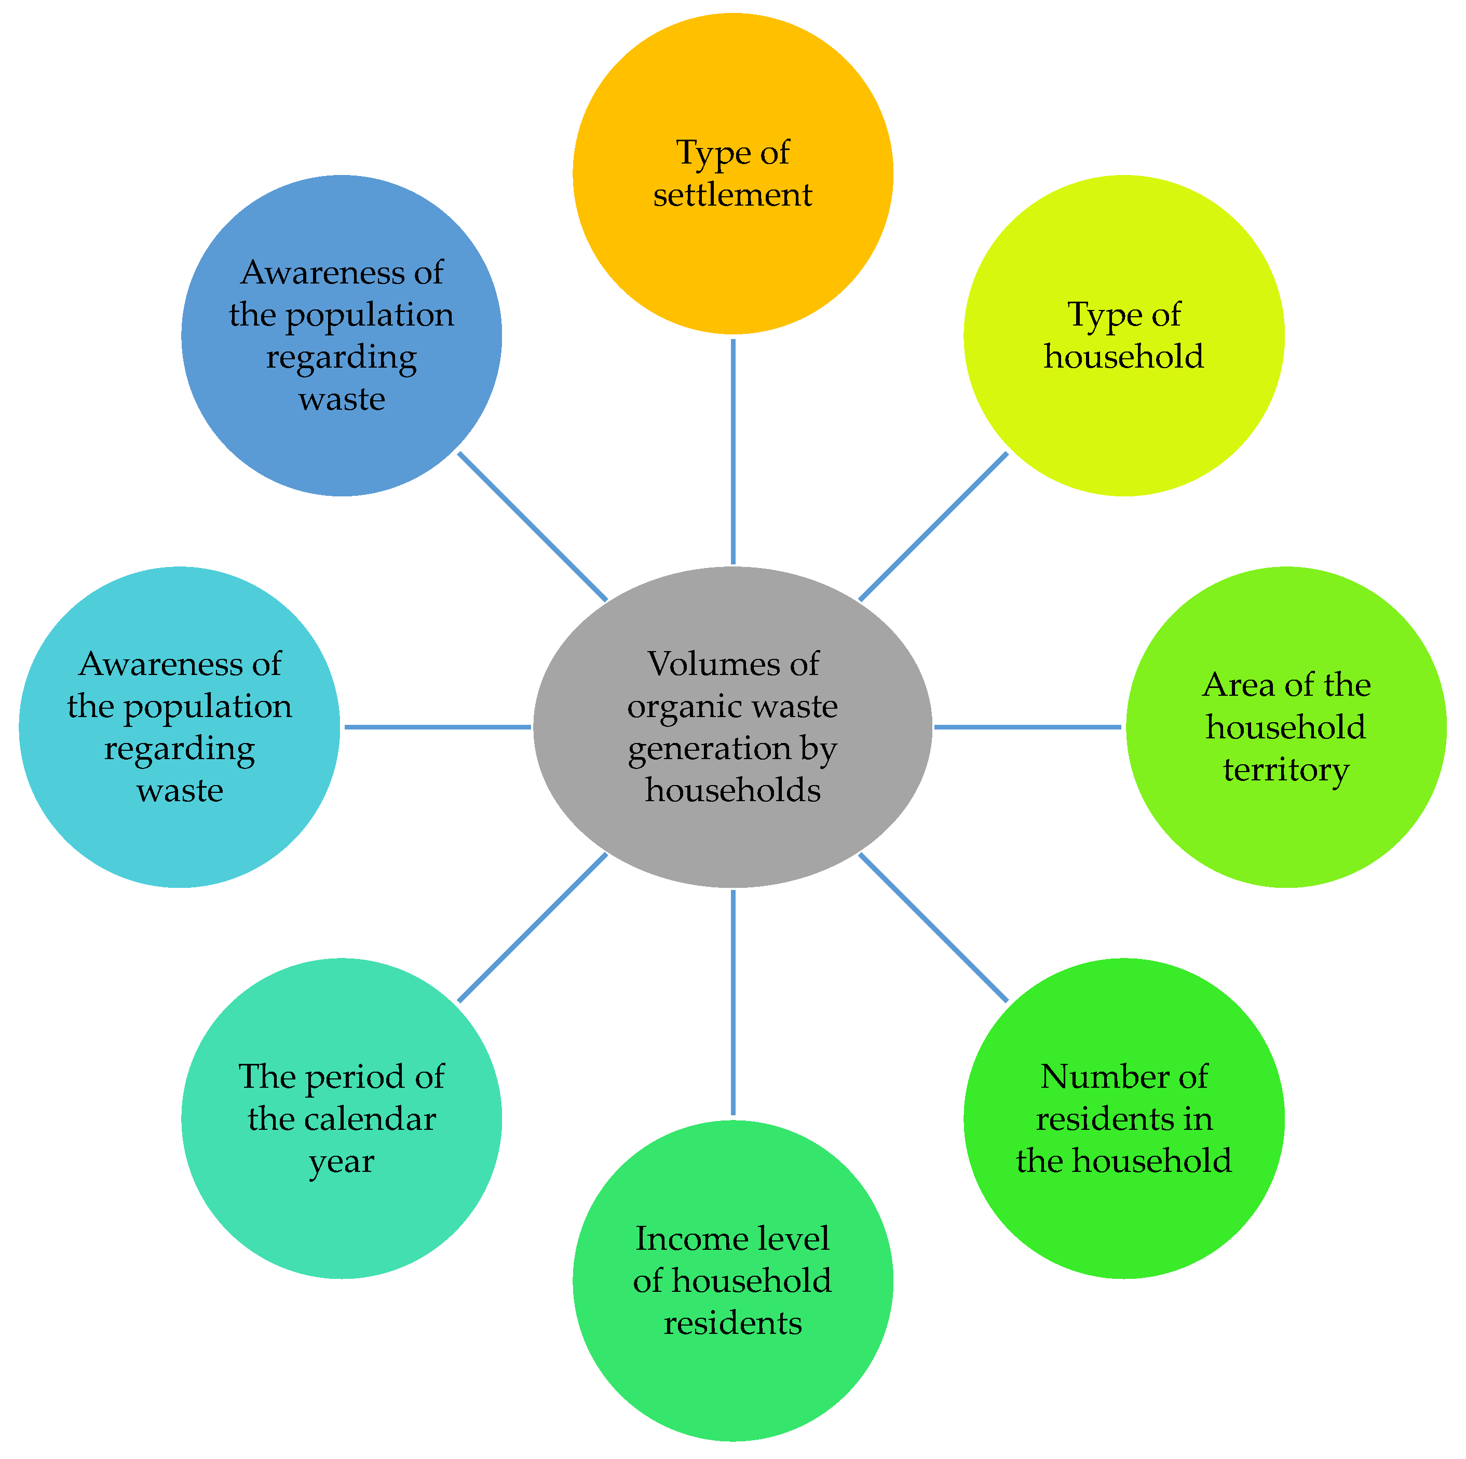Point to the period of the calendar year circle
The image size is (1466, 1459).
(x=342, y=1214)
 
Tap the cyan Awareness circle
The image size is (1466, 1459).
(x=179, y=843)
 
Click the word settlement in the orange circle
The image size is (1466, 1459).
(x=732, y=195)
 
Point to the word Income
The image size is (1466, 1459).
(x=672, y=1239)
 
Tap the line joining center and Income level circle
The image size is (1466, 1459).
(x=732, y=1002)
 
